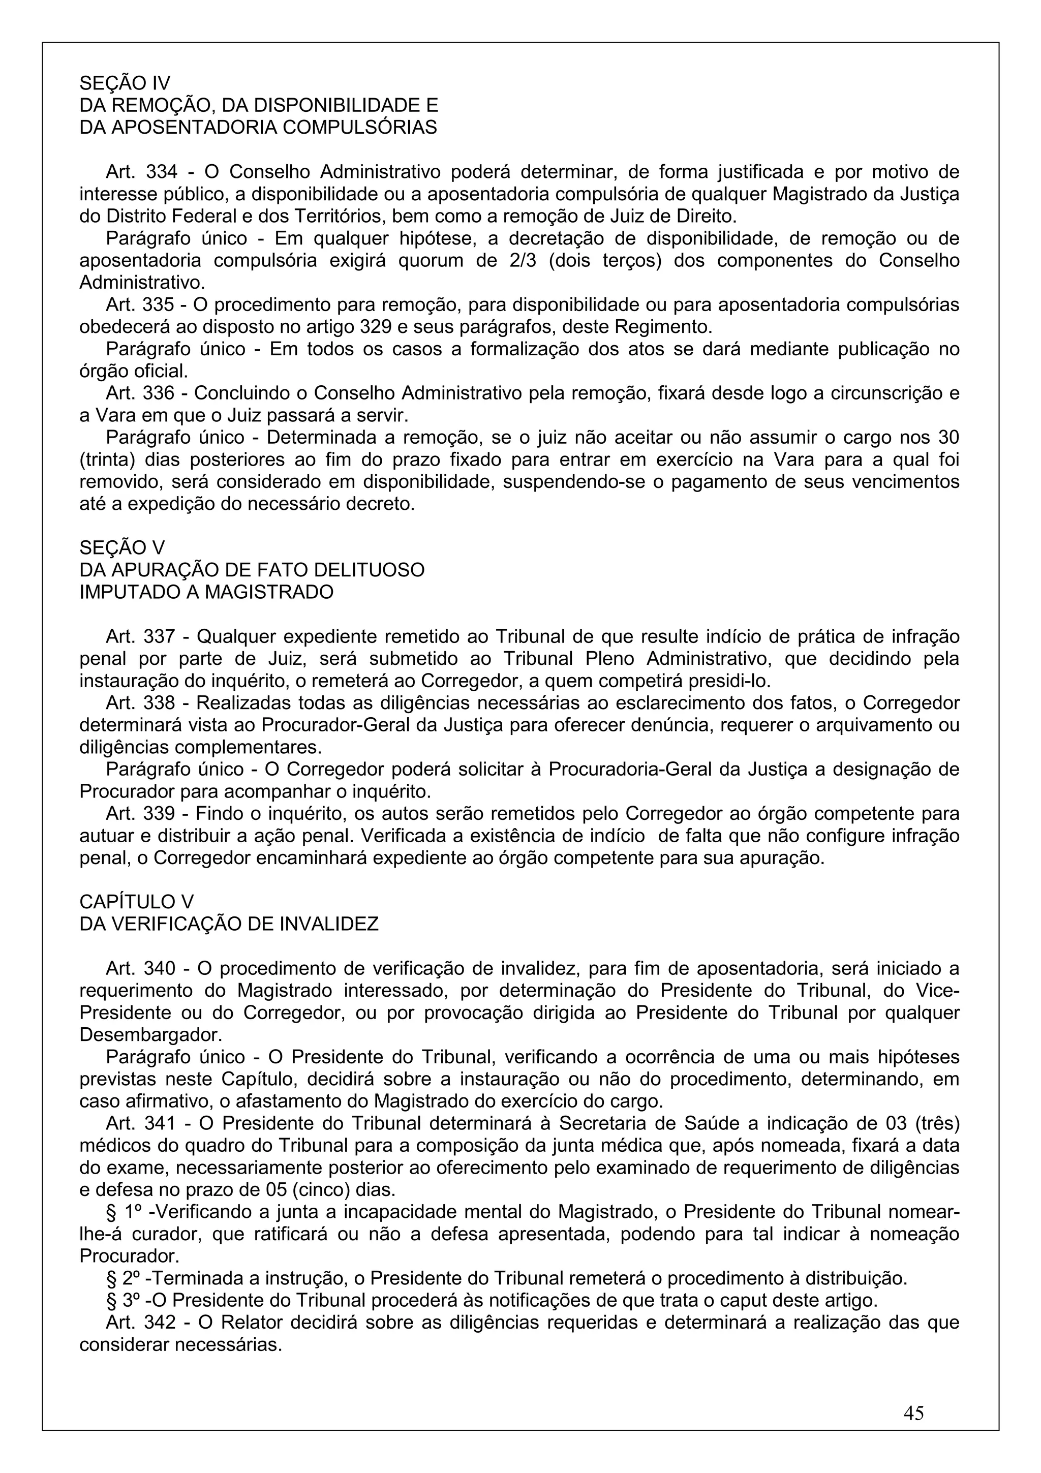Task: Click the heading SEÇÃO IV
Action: point(125,83)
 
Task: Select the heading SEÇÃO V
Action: point(122,548)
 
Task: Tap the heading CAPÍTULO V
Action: point(136,902)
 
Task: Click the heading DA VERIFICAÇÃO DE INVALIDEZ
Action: point(229,925)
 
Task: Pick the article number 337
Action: point(159,636)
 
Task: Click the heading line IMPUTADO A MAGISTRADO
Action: point(206,592)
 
